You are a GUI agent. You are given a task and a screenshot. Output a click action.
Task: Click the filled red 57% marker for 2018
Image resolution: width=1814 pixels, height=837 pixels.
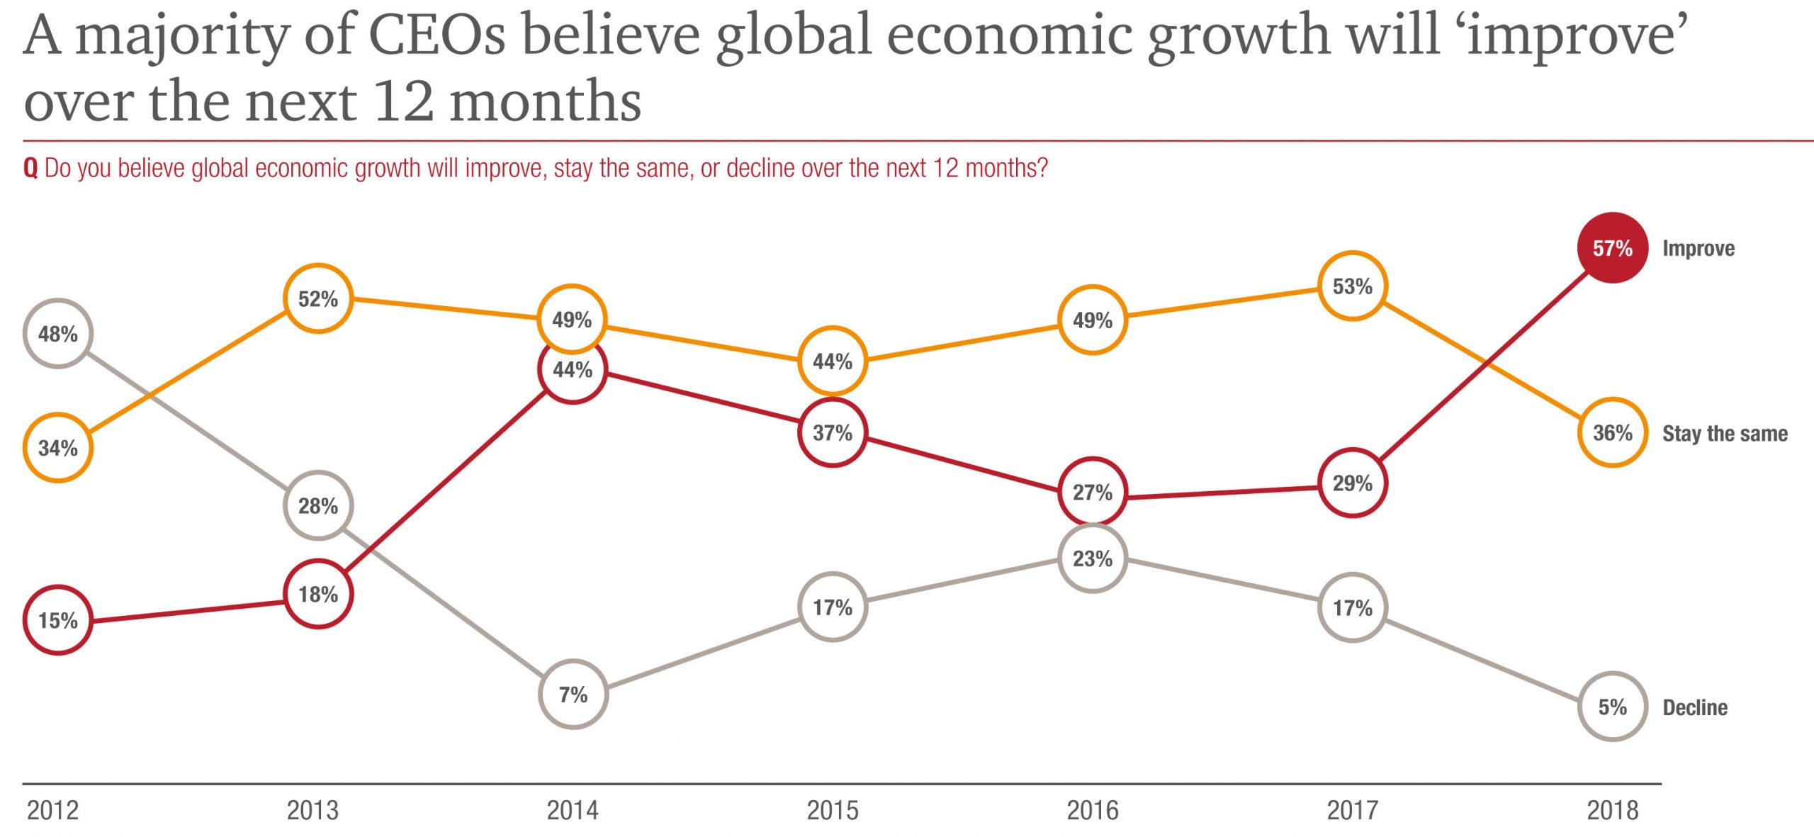[x=1612, y=248]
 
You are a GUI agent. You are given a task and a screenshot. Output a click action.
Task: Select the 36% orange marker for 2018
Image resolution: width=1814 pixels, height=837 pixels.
[x=1612, y=432]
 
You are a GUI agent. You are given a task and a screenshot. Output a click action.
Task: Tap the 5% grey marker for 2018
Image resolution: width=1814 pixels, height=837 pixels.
[x=1612, y=707]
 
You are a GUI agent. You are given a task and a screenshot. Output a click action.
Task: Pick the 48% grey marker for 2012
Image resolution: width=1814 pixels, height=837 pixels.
[x=58, y=334]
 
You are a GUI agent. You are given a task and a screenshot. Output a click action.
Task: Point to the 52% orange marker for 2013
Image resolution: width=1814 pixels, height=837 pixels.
[x=318, y=298]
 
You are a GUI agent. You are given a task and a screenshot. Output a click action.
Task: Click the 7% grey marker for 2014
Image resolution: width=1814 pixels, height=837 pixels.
[x=573, y=695]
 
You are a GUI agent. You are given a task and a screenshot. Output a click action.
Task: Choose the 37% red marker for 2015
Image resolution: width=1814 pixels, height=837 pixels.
[x=833, y=432]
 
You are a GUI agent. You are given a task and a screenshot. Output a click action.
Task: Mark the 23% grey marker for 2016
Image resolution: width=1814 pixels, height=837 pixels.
[x=1093, y=558]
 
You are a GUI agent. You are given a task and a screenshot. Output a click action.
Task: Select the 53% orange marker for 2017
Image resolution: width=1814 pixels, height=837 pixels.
[x=1352, y=286]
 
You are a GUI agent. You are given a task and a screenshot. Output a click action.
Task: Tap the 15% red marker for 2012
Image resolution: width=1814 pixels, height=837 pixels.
[x=58, y=620]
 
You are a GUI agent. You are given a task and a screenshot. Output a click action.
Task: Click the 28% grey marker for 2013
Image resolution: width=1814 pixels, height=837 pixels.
[x=318, y=505]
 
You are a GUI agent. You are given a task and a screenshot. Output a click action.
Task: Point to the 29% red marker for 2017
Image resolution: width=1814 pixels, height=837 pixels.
[x=1352, y=483]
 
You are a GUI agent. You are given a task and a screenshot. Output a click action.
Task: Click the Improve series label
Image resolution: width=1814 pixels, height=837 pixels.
[x=1698, y=248]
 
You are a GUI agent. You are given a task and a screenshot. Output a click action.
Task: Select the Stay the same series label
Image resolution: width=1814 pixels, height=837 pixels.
[x=1725, y=433]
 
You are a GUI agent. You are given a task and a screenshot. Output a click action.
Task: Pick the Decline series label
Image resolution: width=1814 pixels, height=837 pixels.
[x=1695, y=707]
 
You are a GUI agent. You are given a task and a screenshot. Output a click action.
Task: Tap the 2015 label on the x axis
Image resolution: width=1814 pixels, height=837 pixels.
[x=833, y=810]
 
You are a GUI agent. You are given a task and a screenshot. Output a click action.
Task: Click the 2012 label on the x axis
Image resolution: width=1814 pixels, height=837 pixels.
[x=53, y=810]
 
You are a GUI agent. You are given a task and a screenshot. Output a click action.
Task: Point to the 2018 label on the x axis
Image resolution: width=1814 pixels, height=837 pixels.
[x=1612, y=810]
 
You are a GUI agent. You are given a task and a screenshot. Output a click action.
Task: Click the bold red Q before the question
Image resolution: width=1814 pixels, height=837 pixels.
[x=30, y=169]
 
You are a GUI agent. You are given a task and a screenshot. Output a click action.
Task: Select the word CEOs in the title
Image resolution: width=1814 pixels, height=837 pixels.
[x=437, y=35]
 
